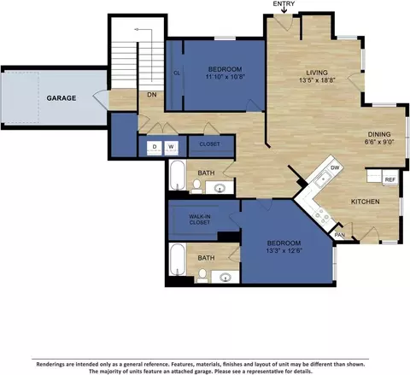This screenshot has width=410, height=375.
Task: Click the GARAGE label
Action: (x=61, y=98)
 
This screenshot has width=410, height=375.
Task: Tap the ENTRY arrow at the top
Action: (x=284, y=9)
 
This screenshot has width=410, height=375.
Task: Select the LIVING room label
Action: (x=317, y=73)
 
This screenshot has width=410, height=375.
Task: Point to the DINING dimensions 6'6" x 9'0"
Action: (x=379, y=142)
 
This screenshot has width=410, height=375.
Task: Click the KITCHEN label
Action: (x=366, y=202)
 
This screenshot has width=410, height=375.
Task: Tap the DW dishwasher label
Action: (x=335, y=167)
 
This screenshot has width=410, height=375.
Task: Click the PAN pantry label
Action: (x=340, y=235)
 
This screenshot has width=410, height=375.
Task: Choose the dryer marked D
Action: (x=155, y=148)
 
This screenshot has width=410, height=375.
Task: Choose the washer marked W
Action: (x=171, y=148)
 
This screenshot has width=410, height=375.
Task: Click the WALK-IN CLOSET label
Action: (x=199, y=220)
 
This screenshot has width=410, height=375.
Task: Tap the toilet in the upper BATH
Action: (x=196, y=186)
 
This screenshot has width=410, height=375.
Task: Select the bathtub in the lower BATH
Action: (x=178, y=259)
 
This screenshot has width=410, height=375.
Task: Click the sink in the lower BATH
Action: (x=225, y=277)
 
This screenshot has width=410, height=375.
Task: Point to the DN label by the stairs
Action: (x=152, y=95)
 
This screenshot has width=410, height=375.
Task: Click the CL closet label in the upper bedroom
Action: (x=177, y=73)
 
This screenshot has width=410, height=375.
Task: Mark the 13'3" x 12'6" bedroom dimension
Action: (x=284, y=250)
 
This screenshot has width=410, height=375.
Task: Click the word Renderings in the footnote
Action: (x=50, y=364)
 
